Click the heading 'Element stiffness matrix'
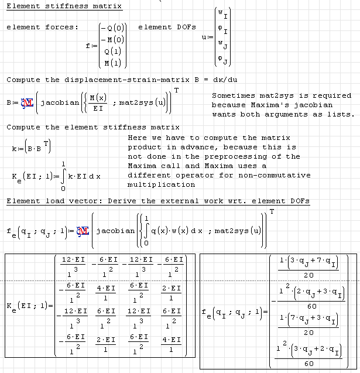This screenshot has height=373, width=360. tap(64, 6)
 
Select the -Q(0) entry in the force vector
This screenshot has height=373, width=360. tap(112, 28)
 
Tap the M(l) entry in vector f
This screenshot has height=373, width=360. tap(112, 63)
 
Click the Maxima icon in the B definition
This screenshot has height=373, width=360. tap(28, 103)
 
